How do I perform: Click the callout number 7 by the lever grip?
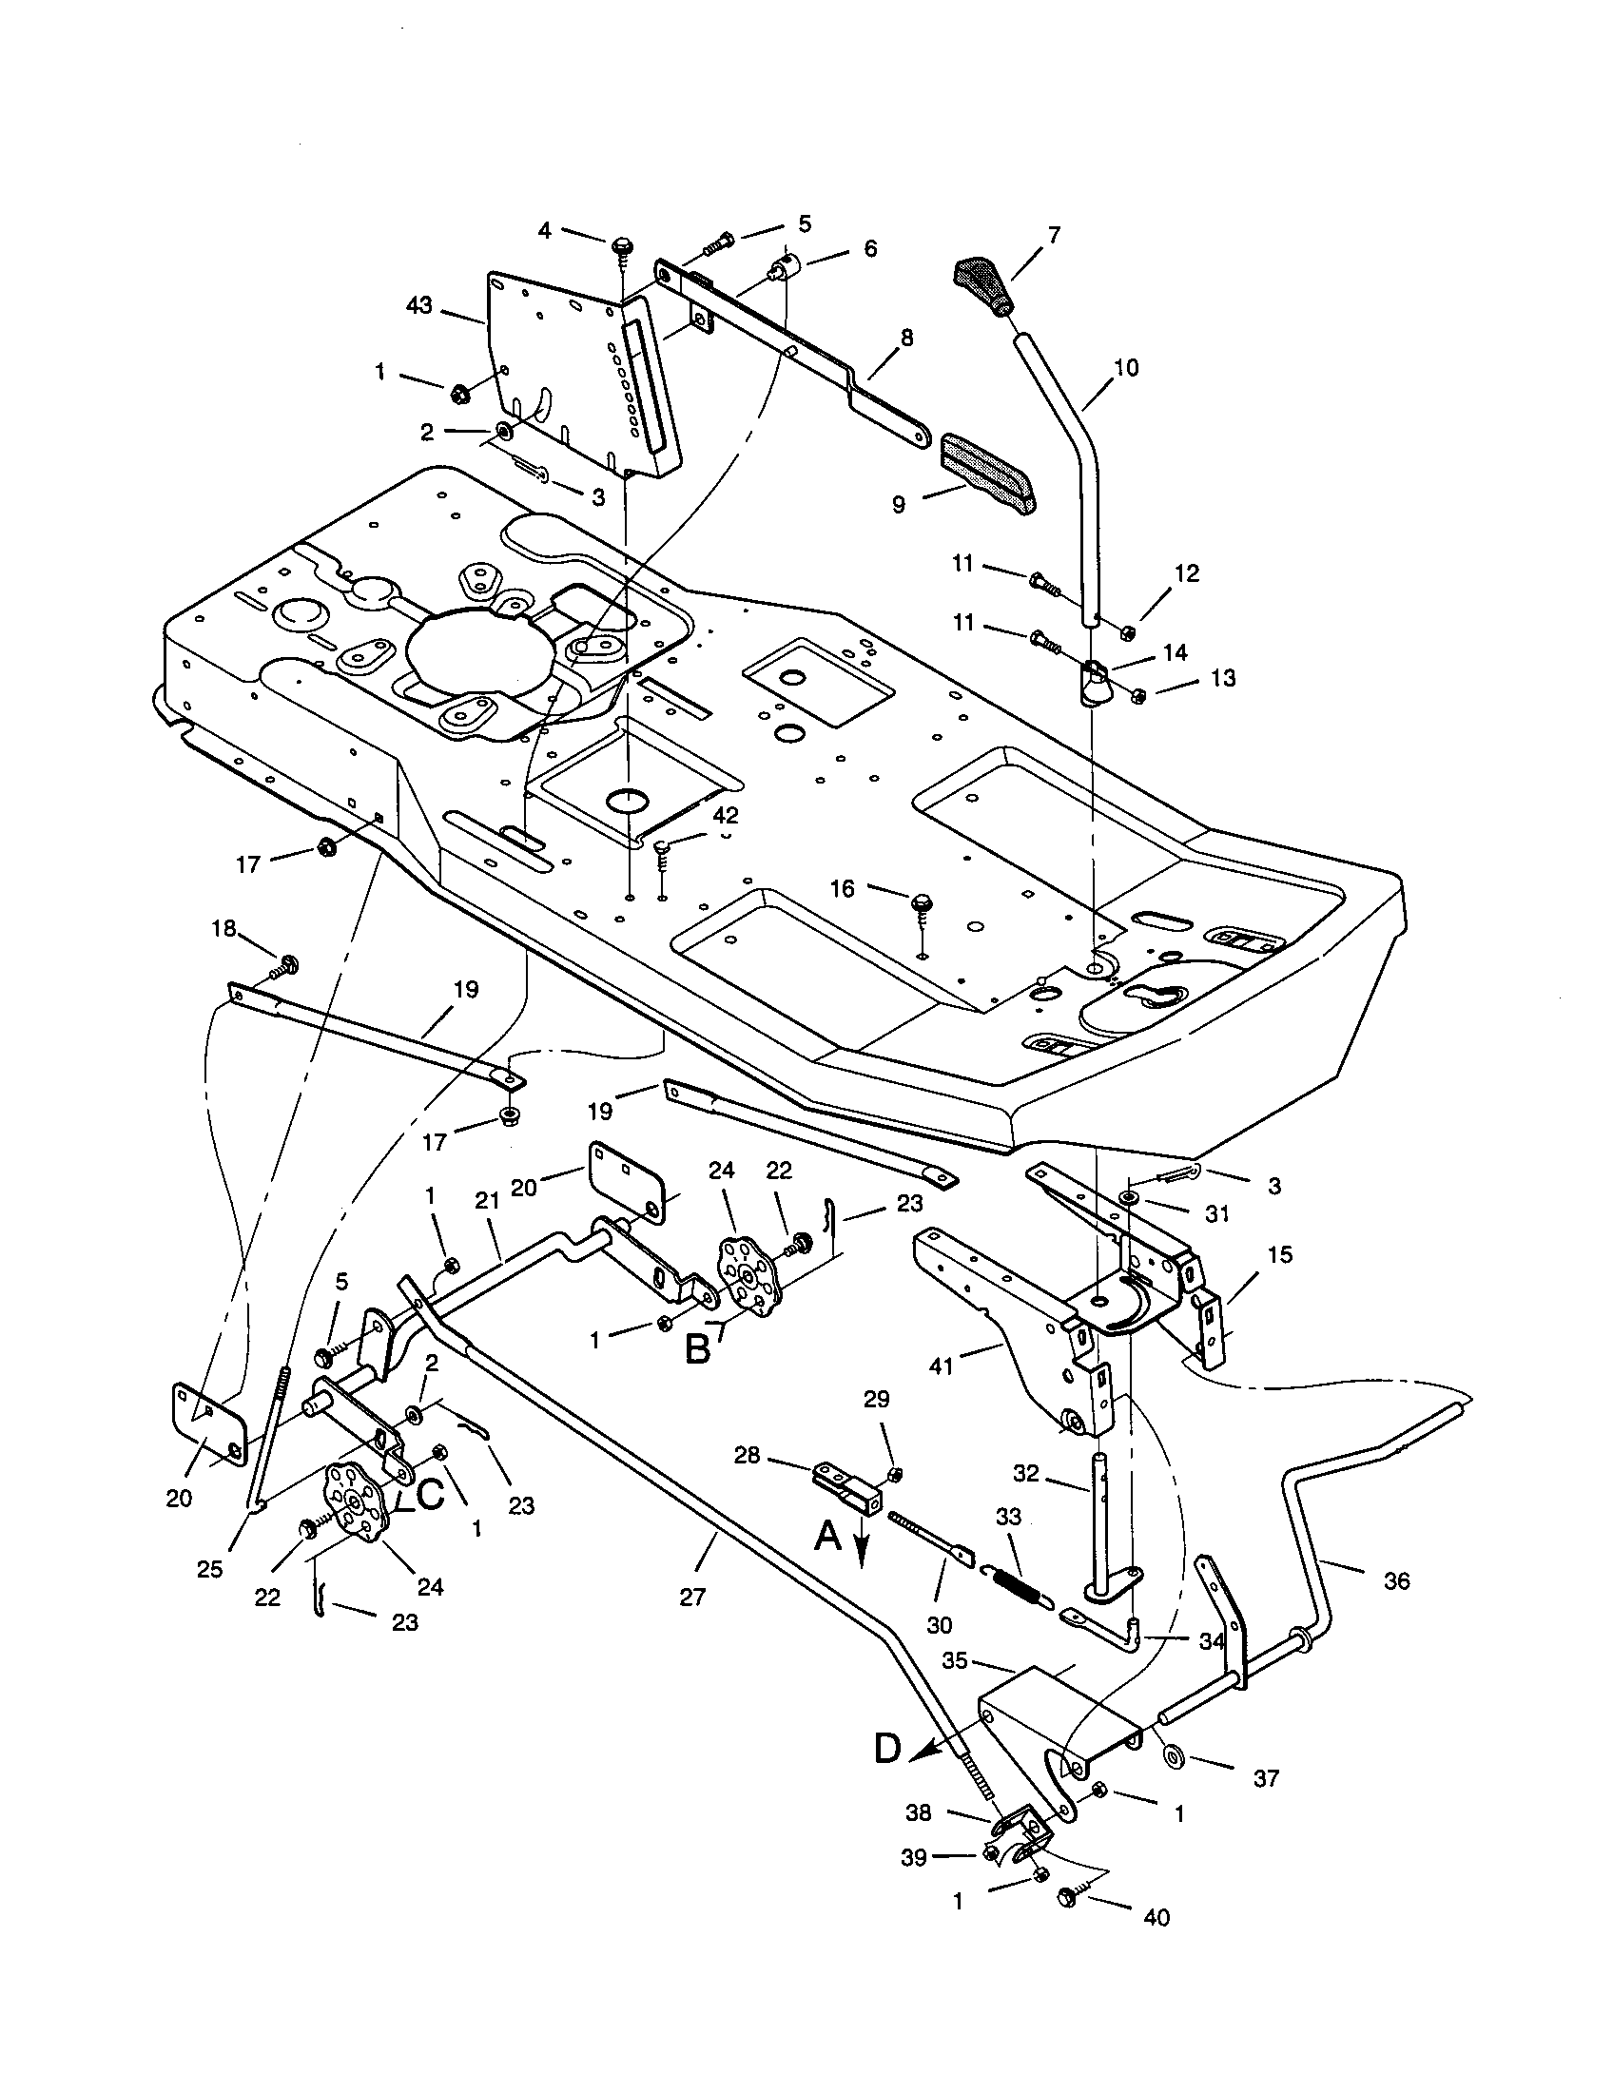pyautogui.click(x=1055, y=234)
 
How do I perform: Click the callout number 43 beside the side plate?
pyautogui.click(x=419, y=306)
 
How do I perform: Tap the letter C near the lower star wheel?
pyautogui.click(x=428, y=1495)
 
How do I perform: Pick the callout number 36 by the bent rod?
pyautogui.click(x=1396, y=1581)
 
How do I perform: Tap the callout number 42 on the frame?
pyautogui.click(x=726, y=815)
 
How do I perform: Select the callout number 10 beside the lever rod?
pyautogui.click(x=1126, y=367)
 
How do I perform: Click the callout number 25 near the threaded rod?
pyautogui.click(x=210, y=1568)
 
